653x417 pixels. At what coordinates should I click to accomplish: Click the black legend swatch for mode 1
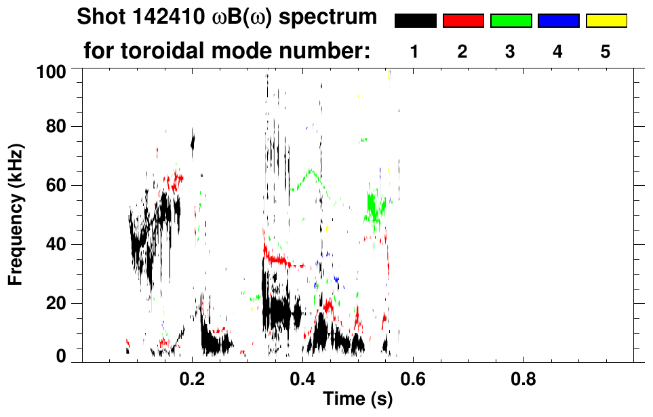coord(415,21)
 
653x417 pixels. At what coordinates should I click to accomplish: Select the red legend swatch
coord(463,21)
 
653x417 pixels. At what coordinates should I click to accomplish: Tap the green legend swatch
coord(511,21)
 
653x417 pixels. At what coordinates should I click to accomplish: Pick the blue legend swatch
coord(558,21)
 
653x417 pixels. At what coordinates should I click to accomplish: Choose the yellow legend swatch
coord(606,21)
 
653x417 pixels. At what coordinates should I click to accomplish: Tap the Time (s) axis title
coord(357,399)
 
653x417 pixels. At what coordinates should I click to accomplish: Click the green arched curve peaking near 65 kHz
coord(311,171)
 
